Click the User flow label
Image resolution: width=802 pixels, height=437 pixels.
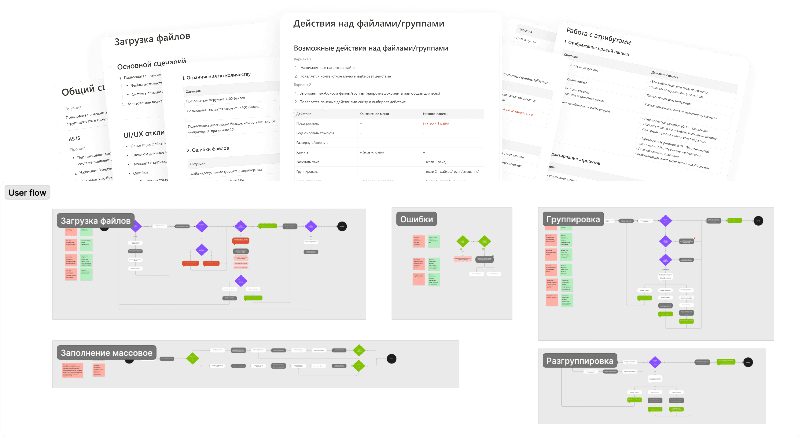click(27, 192)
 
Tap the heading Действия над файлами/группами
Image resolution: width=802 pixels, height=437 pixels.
click(369, 24)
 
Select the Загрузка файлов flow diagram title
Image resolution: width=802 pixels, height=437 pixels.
click(96, 221)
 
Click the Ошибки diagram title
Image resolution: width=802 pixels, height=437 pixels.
click(416, 219)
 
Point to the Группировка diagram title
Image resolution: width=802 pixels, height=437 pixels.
click(573, 219)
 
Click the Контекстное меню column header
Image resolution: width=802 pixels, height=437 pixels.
click(374, 114)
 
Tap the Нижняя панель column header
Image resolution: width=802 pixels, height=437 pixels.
click(435, 114)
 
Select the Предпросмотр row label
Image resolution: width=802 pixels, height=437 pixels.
click(308, 123)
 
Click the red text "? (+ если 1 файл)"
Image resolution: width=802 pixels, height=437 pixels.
click(436, 123)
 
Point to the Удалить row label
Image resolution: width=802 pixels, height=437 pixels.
click(302, 152)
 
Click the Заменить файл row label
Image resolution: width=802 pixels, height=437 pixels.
click(308, 162)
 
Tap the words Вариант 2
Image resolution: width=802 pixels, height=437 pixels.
click(302, 85)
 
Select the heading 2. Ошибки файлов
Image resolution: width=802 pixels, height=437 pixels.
click(208, 149)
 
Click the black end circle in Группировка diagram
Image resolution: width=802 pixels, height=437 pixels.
click(758, 221)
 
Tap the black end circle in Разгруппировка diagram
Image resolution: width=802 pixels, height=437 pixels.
click(748, 362)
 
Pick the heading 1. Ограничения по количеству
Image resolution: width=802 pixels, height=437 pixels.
click(216, 76)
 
